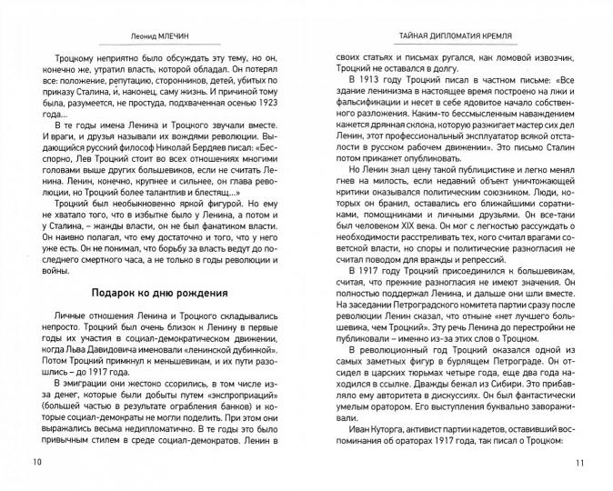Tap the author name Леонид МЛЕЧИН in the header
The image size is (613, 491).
pyautogui.click(x=161, y=37)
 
